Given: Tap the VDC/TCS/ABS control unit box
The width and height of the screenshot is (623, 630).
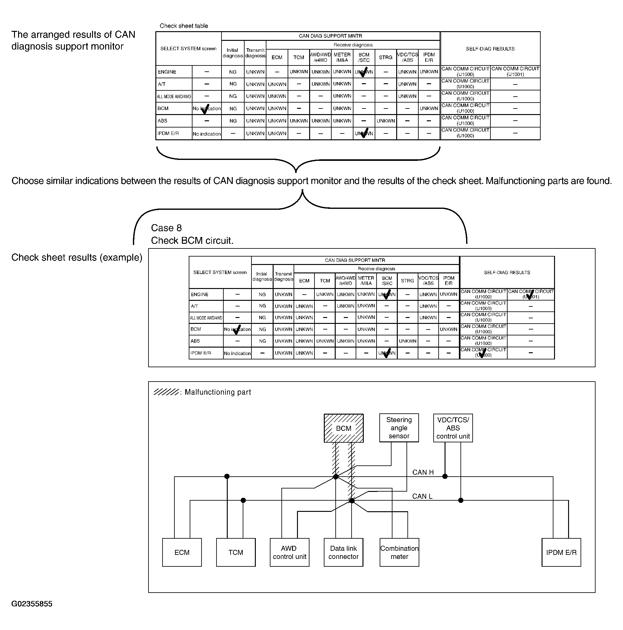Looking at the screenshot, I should pos(453,428).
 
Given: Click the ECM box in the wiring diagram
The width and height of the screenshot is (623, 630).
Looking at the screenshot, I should pos(182,552).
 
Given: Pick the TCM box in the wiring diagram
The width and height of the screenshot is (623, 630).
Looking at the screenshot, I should pos(236,552).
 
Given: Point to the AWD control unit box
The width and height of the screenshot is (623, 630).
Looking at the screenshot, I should pos(290,552).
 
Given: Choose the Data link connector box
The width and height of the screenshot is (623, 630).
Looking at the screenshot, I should pos(343,552).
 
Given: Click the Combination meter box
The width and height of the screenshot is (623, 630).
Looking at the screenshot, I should pos(399,552).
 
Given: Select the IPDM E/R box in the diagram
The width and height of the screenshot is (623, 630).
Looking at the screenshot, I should pos(561,552).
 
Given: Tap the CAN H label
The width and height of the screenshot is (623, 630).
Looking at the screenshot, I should pos(423,472).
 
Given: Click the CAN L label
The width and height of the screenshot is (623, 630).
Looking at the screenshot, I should pos(422,496).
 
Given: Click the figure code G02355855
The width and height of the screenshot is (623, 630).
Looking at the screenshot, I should pos(32,604).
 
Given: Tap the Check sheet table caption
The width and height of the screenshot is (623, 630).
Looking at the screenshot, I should pos(183,26).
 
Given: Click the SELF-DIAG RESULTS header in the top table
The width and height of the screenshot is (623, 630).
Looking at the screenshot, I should pos(490,49).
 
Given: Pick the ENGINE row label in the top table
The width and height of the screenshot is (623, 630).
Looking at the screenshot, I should pos(167,72).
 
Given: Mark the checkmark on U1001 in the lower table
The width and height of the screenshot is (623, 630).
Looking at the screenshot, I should pos(530,295).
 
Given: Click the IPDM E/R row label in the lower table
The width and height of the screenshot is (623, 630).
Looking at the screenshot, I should pos(200,353).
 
